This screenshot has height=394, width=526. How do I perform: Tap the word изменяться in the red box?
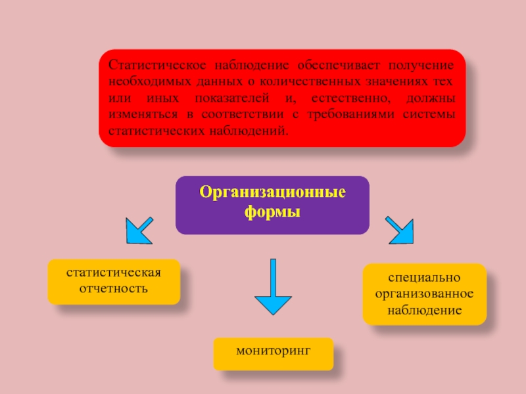click(139, 114)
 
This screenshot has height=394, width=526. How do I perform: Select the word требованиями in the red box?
click(350, 114)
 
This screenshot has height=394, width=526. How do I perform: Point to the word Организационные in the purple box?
click(272, 195)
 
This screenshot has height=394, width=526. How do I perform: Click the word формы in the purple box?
click(272, 213)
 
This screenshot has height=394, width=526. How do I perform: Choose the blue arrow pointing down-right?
click(400, 230)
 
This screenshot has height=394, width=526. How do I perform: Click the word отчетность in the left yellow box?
click(114, 289)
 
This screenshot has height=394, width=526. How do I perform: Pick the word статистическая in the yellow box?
click(114, 273)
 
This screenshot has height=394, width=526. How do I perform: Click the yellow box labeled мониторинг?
click(273, 354)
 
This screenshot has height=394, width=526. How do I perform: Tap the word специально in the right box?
click(424, 278)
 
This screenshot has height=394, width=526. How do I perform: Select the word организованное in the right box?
click(424, 294)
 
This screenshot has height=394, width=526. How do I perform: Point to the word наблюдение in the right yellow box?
click(424, 309)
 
